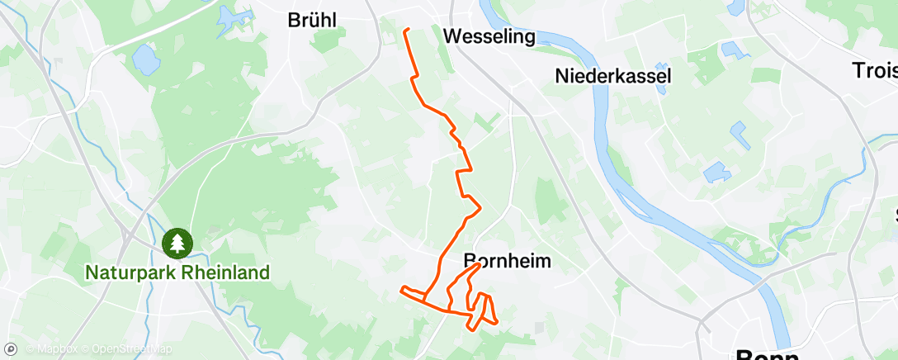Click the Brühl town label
point(312,21)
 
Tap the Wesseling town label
point(489,37)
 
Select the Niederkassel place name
point(613,76)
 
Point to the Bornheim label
point(507,261)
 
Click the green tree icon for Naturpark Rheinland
point(177,242)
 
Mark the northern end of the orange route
point(406,30)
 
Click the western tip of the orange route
point(401,289)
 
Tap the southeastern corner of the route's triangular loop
point(497,321)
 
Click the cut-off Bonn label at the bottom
point(768,355)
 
